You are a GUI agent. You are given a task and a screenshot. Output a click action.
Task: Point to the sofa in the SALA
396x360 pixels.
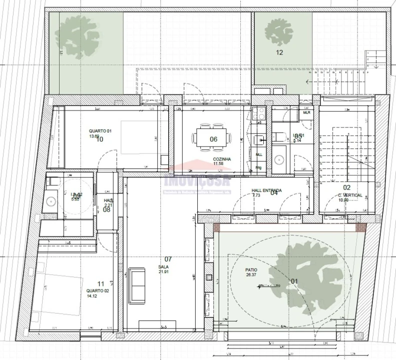click(137, 285)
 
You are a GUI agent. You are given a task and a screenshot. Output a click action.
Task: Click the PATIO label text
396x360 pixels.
click(251, 269)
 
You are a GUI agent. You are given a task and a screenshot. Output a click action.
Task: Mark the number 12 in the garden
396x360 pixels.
click(279, 52)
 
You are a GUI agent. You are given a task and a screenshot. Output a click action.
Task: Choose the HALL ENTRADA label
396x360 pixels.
click(266, 190)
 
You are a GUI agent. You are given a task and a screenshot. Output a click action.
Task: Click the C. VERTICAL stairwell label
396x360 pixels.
click(350, 195)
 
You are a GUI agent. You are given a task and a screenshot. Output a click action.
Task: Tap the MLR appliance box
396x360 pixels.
click(307, 113)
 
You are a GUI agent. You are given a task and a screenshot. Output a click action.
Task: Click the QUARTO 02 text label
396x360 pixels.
click(98, 290)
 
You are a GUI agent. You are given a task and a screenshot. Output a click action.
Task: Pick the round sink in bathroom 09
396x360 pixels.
click(51, 201)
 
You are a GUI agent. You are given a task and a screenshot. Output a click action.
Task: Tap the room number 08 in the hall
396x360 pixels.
click(107, 210)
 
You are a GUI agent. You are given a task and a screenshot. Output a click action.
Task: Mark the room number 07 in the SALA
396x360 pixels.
click(168, 259)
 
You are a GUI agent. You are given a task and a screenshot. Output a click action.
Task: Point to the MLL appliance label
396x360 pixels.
click(259, 154)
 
